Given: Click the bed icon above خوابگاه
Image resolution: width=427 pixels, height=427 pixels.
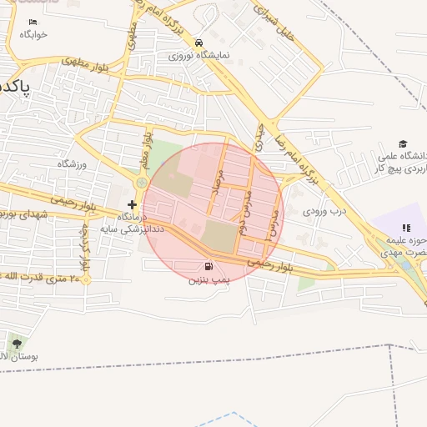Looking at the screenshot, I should click(33, 22).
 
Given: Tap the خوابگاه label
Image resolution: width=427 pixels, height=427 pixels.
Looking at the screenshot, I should click(34, 34).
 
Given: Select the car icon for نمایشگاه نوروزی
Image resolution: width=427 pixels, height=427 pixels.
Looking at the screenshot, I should click(198, 43).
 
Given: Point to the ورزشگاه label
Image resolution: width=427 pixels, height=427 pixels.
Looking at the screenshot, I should click(72, 164).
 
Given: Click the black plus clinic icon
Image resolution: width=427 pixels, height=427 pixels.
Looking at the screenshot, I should click(132, 204).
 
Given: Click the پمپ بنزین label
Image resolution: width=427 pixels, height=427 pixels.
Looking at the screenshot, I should click(206, 281).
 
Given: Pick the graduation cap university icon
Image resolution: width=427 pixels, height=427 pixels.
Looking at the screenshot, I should click(404, 144).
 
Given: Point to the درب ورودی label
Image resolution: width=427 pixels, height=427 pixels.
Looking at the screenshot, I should click(322, 212).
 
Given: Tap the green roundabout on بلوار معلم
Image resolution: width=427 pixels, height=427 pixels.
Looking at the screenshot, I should click(142, 183).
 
